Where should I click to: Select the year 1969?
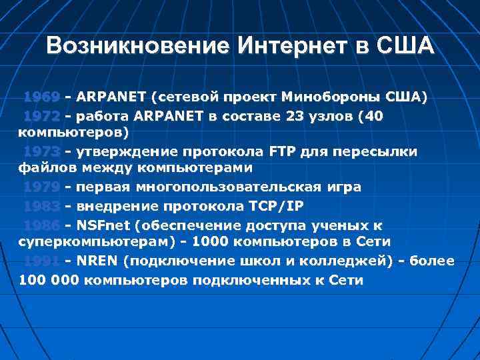coord(41,97)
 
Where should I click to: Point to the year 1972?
coord(41,116)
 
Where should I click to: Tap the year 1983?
coord(41,205)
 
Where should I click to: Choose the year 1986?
coord(41,225)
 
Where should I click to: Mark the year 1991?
coord(41,261)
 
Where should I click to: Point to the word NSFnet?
coord(104,225)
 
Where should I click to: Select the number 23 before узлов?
coord(295,116)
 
